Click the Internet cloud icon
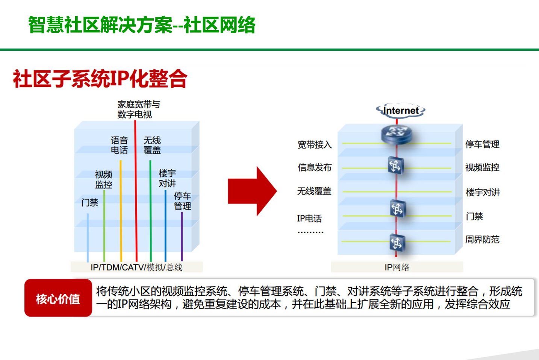tap(401, 111)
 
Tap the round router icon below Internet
tap(397, 134)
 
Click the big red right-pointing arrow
tap(253, 191)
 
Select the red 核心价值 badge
tap(58, 298)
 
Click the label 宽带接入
tap(315, 145)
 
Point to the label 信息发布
tap(315, 167)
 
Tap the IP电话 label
tap(309, 219)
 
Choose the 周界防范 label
tap(482, 240)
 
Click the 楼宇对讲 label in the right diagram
tap(483, 192)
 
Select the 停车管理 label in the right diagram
tap(482, 144)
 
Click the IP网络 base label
tap(397, 267)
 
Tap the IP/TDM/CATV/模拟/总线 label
tap(136, 267)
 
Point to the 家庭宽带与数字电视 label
tap(139, 109)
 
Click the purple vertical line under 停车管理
tap(182, 237)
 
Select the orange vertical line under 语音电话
tap(121, 211)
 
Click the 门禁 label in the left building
tap(90, 202)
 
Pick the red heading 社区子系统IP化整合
tap(100, 79)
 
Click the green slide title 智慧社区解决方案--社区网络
tap(142, 24)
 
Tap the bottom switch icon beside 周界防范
tap(397, 243)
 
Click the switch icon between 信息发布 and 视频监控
tap(396, 166)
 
